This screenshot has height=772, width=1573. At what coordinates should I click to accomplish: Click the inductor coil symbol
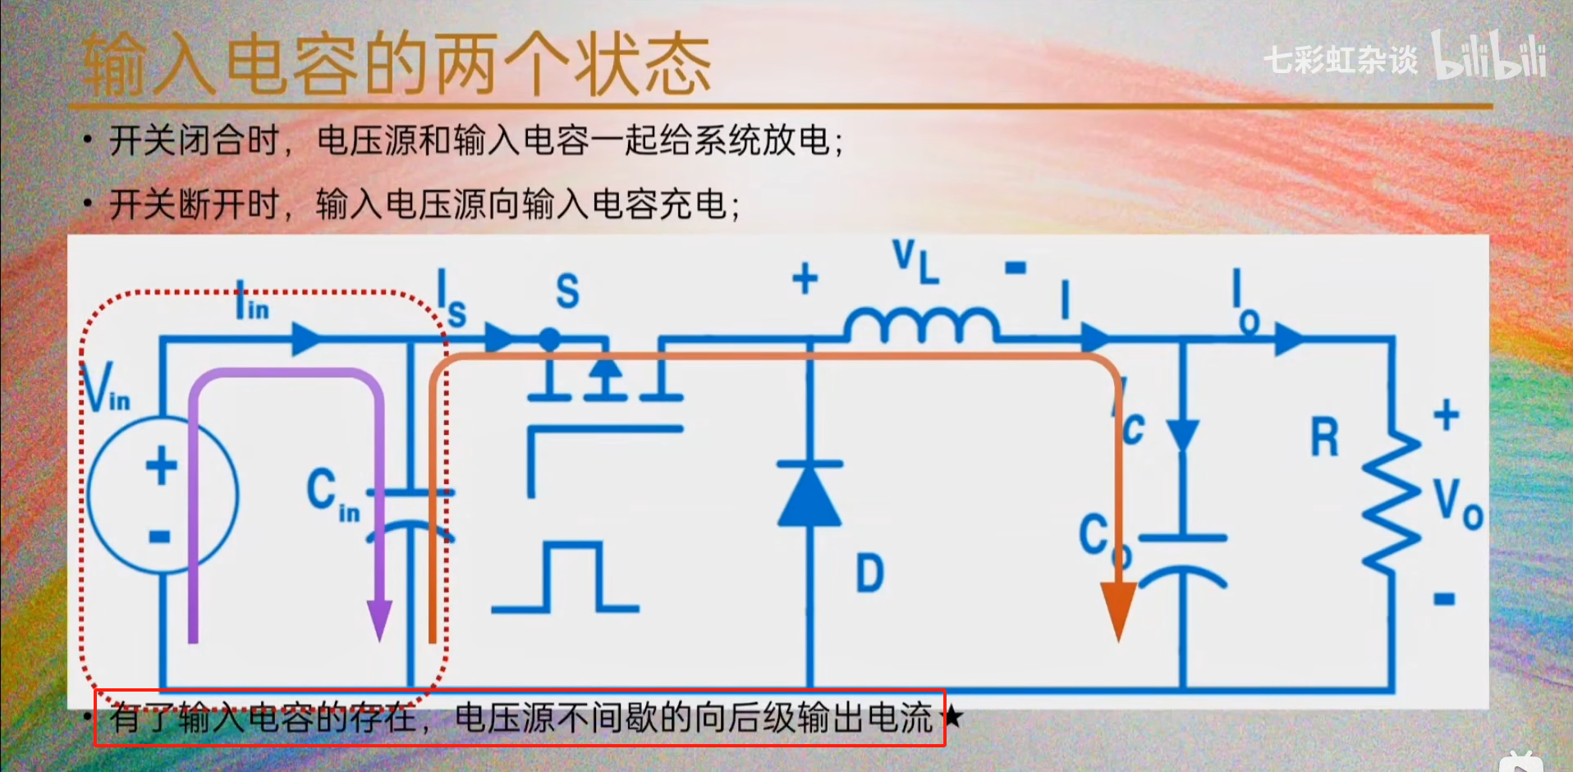[922, 325]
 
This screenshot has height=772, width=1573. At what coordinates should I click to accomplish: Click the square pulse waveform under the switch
[566, 578]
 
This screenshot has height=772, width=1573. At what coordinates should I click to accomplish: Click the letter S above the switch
[567, 291]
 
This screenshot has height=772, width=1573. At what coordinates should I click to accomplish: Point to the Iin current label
[251, 301]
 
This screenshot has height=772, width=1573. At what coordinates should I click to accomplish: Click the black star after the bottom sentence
[952, 717]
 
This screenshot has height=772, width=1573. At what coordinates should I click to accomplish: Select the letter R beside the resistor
[1324, 437]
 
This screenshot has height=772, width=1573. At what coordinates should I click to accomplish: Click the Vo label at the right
[1458, 504]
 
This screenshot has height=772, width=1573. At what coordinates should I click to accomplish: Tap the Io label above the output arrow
[1245, 303]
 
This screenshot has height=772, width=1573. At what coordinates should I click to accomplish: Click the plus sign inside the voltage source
[162, 465]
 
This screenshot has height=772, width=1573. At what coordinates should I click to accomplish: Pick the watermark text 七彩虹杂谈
[1340, 59]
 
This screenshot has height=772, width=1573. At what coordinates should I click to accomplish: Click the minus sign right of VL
[1016, 267]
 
